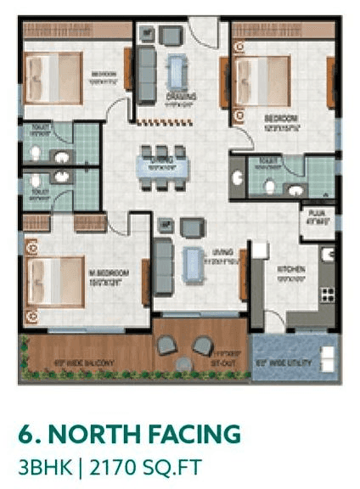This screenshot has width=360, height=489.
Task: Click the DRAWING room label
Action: click(180, 97)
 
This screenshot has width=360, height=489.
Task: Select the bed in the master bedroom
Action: click(54, 280)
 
